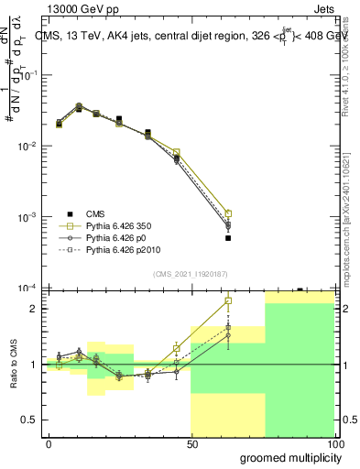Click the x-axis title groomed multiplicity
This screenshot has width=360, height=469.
point(288,457)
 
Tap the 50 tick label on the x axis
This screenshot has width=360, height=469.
point(192,442)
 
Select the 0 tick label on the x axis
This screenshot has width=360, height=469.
point(49,442)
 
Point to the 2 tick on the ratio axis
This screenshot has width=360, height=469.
point(32,309)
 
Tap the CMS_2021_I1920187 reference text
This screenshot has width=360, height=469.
point(190,273)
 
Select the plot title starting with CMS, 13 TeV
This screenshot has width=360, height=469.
point(188,36)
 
